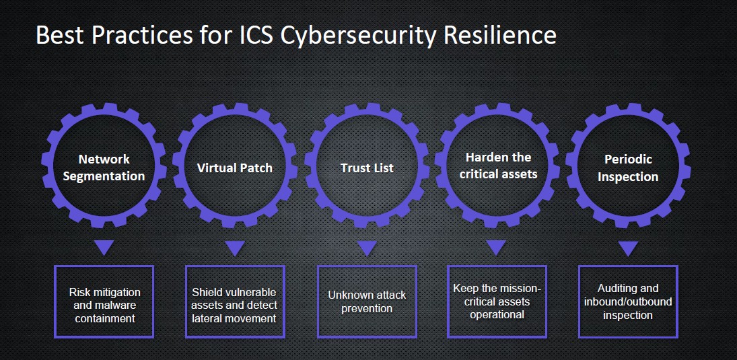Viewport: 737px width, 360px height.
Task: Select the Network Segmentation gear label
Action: pyautogui.click(x=104, y=168)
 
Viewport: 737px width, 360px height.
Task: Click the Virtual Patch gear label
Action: pyautogui.click(x=234, y=168)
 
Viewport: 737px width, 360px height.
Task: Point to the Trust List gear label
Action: pyautogui.click(x=367, y=168)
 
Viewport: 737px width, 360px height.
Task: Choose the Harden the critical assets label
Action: pyautogui.click(x=498, y=166)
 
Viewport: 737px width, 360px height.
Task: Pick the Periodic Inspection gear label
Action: pyautogui.click(x=628, y=168)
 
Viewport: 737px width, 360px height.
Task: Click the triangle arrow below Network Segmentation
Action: pyautogui.click(x=104, y=248)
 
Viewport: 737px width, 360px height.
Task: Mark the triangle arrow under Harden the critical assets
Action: pyautogui.click(x=496, y=248)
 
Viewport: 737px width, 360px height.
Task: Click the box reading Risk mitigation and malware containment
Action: pyautogui.click(x=104, y=301)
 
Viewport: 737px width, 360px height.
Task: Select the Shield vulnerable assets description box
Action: pyautogui.click(x=235, y=301)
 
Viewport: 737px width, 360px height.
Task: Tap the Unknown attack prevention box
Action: pyautogui.click(x=367, y=301)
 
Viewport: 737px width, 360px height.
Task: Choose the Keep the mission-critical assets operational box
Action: pyautogui.click(x=497, y=301)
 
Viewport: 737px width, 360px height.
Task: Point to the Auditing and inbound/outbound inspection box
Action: pyautogui.click(x=628, y=301)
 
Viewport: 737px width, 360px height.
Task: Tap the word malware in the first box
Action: pyautogui.click(x=115, y=305)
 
